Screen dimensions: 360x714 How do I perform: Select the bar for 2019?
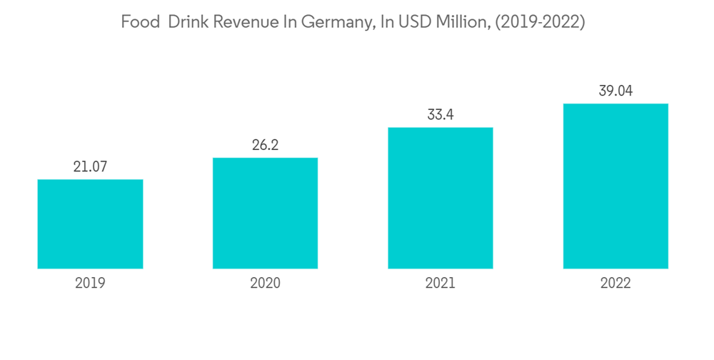[90, 224]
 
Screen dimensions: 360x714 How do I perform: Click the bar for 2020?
[265, 213]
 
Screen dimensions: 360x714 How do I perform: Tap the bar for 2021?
[441, 198]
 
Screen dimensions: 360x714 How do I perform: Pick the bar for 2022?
[615, 186]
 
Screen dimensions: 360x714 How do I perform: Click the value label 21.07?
[90, 167]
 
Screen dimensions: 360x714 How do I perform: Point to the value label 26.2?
[265, 145]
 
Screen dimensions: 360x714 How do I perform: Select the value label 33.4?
[441, 115]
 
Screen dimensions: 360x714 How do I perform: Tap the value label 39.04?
[615, 91]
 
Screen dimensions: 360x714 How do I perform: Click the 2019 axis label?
[90, 283]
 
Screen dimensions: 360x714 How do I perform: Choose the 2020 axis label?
[265, 283]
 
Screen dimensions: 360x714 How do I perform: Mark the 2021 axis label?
[441, 283]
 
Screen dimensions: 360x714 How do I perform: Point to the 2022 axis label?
[615, 283]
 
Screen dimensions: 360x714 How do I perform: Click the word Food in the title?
[139, 22]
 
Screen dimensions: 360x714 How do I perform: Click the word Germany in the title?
[334, 23]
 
